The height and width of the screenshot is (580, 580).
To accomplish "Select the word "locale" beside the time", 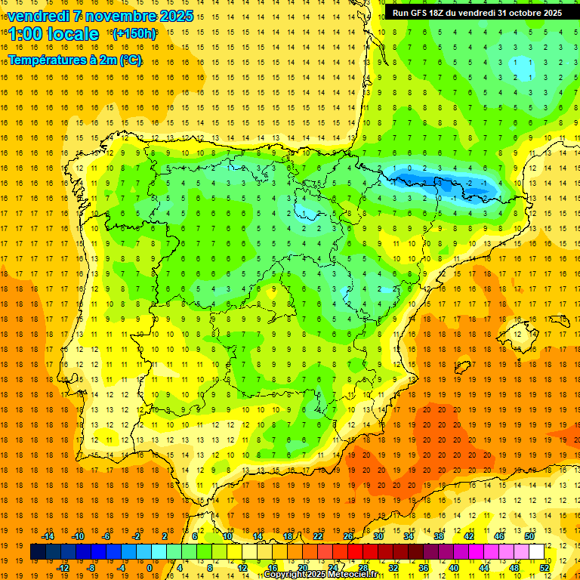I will click(73, 34).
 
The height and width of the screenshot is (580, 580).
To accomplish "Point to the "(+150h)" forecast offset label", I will click(134, 34).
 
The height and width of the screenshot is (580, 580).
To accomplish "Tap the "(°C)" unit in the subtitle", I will click(131, 60).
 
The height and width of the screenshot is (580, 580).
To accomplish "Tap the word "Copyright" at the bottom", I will click(285, 575).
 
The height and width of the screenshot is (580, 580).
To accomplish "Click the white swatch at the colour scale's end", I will click(537, 552).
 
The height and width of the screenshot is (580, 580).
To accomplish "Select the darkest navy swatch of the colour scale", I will click(38, 552).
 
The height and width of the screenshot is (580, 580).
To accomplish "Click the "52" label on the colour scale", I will click(545, 568).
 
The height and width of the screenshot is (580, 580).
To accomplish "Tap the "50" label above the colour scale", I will click(529, 536).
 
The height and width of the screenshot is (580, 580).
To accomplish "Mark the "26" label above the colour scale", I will click(348, 536).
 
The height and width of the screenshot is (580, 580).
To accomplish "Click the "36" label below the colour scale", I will click(424, 568).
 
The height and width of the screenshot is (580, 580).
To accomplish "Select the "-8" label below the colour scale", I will click(92, 568).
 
